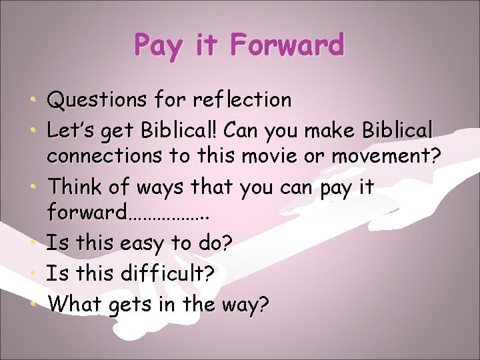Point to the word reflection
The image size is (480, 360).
(x=242, y=101)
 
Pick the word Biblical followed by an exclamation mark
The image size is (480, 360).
(x=180, y=129)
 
